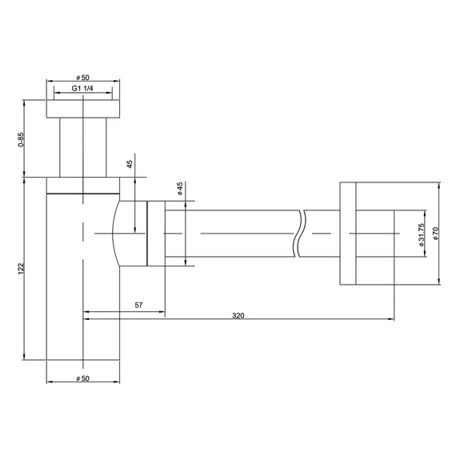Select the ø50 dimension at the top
point(83,75)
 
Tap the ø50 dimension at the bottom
point(83,377)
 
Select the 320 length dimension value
point(238,315)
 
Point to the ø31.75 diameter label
point(422,232)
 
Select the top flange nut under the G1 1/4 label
point(83,110)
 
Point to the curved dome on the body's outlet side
point(128,233)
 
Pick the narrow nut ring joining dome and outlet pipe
point(155,233)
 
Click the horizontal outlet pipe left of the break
point(232,233)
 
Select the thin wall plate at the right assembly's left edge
point(346,233)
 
